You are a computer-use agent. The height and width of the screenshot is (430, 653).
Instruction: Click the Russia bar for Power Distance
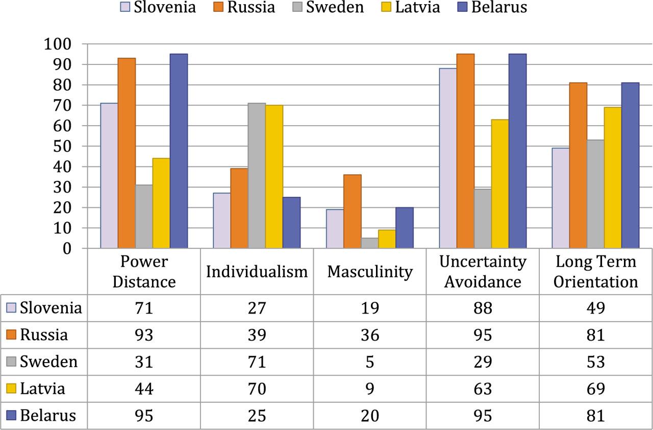pos(127,153)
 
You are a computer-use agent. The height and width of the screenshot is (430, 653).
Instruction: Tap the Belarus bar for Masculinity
pos(404,228)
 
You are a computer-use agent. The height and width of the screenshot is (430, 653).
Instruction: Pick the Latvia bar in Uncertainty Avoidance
pos(500,184)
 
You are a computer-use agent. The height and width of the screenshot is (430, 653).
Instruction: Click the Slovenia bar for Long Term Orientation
pos(561,198)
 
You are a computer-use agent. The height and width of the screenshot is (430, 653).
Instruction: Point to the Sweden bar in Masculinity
pos(370,243)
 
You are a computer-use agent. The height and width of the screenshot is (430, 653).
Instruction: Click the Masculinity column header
pos(369,272)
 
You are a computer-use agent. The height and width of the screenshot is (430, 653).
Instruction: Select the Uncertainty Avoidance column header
pos(483,272)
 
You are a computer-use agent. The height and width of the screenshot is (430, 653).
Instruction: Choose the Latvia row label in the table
pos(43,389)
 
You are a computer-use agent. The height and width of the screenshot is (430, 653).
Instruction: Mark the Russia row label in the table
pos(44,335)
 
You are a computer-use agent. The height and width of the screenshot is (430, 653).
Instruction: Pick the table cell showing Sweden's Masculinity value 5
pos(369,362)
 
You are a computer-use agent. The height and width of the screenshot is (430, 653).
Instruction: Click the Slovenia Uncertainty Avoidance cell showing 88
pos(483,308)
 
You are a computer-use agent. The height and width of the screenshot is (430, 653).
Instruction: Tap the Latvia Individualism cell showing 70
pos(257,389)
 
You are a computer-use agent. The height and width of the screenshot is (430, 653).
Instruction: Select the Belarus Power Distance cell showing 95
pos(143,416)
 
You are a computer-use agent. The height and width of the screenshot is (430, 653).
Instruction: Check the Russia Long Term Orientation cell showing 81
pos(595,335)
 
